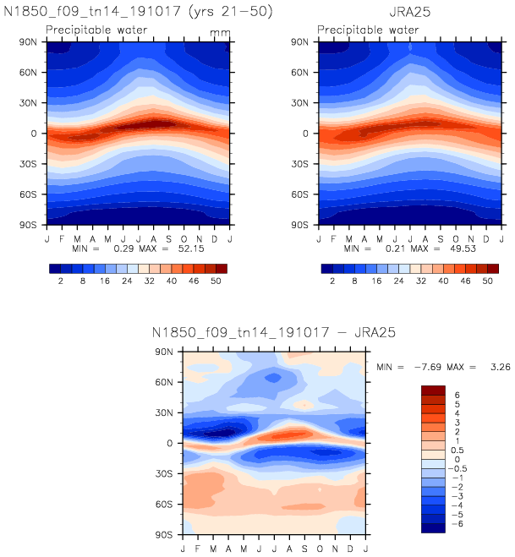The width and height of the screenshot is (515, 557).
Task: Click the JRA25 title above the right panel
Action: (406, 14)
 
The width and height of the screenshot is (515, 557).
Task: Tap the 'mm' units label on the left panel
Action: (219, 31)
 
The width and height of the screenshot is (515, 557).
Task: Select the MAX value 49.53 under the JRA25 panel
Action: (461, 249)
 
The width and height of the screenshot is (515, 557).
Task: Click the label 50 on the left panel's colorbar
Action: (216, 281)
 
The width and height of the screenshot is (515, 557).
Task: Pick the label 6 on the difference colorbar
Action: (457, 395)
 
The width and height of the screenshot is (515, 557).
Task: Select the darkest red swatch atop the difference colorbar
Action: (434, 390)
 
